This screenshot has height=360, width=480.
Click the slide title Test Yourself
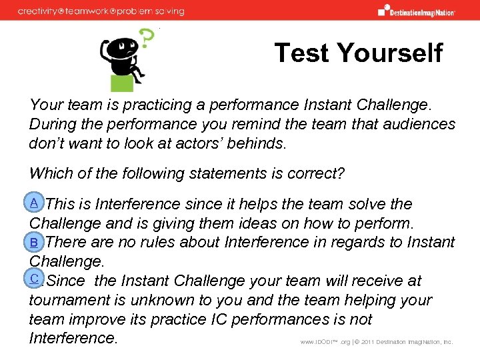[x=358, y=53]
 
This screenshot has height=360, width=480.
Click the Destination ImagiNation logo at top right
[x=416, y=10]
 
